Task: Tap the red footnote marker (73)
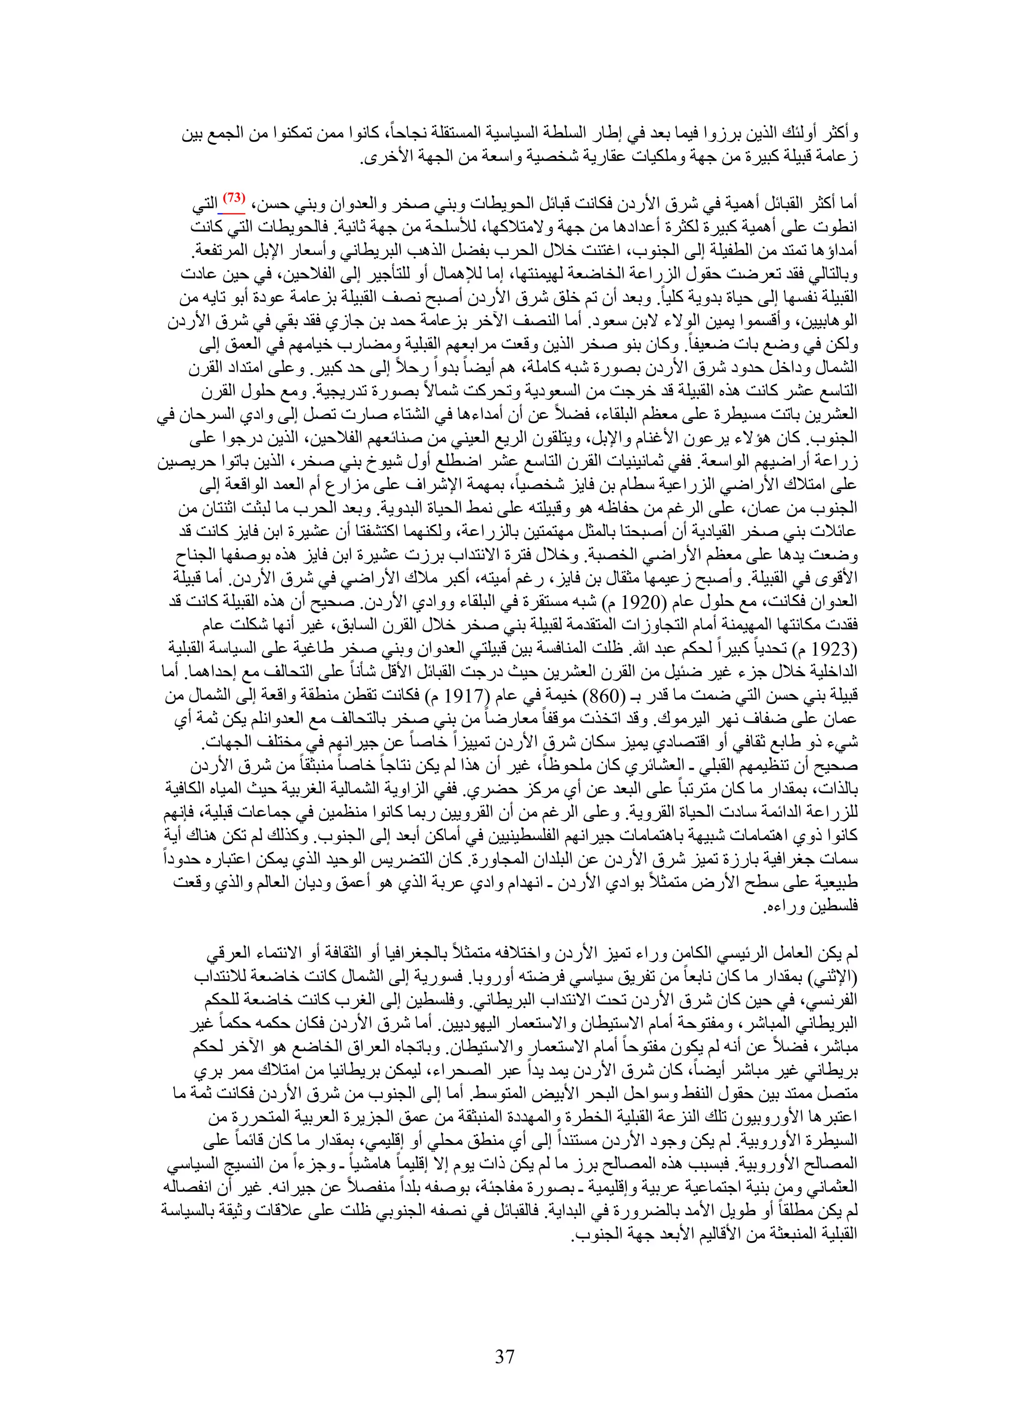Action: click(234, 198)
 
